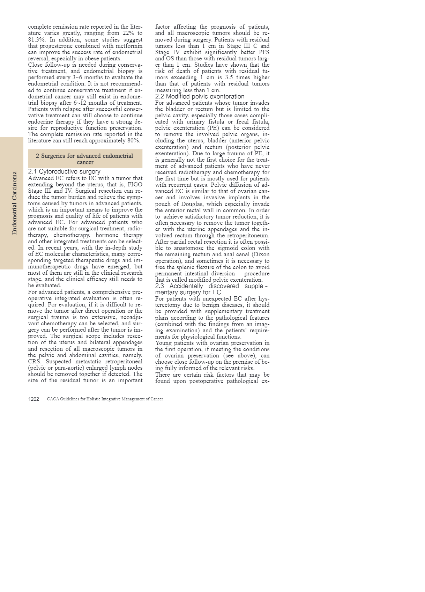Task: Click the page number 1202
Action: [x=33, y=399]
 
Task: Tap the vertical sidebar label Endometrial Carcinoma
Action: [x=14, y=203]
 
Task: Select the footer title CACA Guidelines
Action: [x=105, y=399]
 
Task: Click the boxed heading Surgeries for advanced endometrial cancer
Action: [x=85, y=159]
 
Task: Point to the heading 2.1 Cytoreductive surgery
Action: [x=64, y=171]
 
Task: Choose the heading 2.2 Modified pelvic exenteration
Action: [x=200, y=96]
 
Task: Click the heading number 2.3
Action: [x=159, y=286]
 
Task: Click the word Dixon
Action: [x=261, y=254]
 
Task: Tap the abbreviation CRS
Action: [x=35, y=361]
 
